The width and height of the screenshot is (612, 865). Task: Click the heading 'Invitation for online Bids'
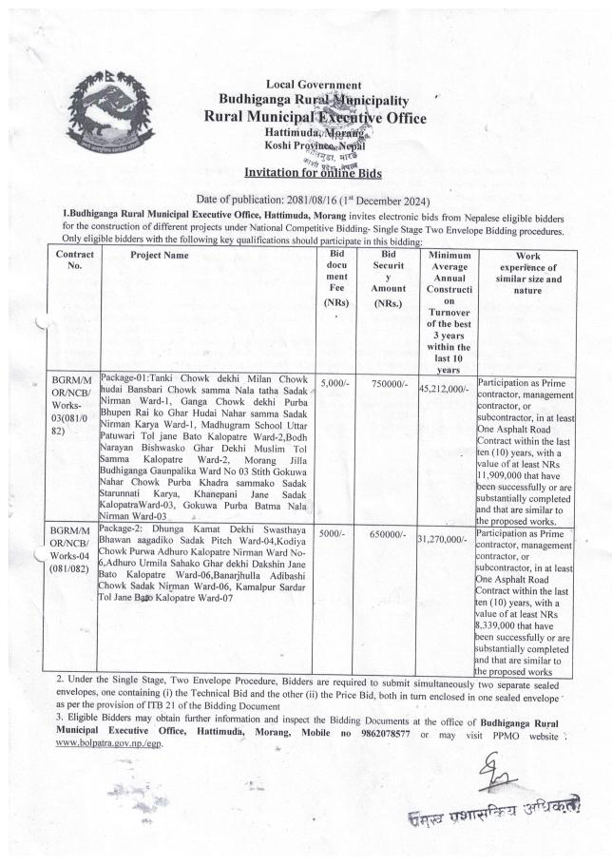click(x=306, y=172)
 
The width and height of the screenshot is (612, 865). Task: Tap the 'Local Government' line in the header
click(x=306, y=86)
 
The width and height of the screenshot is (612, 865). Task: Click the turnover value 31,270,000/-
click(x=448, y=539)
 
